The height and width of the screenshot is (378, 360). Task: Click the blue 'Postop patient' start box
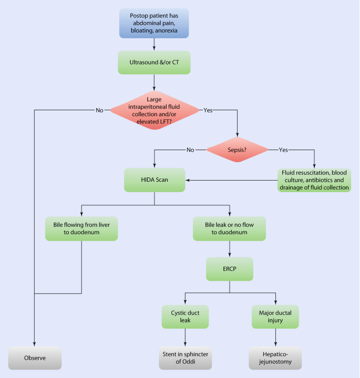(x=154, y=24)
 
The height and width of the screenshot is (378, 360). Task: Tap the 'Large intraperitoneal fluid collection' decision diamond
(x=154, y=110)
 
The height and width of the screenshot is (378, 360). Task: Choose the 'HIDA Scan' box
(x=154, y=180)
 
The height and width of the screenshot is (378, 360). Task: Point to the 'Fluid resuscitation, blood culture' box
(x=314, y=180)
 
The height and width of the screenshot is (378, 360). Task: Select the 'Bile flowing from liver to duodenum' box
(x=81, y=228)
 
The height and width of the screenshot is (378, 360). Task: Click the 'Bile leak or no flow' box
(x=229, y=228)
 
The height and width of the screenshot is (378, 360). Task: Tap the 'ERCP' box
(x=229, y=269)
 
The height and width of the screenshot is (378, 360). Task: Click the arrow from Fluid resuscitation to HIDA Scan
(x=231, y=180)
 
